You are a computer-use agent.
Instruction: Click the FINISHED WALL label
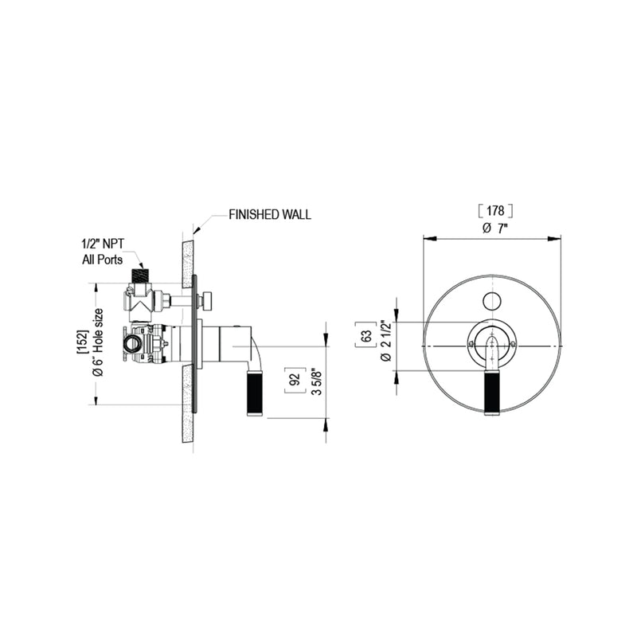pos(269,215)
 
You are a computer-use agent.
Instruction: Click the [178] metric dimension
pos(493,210)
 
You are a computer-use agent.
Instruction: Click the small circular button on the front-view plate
pos(492,300)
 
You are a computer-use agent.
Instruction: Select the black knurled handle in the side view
pos(258,393)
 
